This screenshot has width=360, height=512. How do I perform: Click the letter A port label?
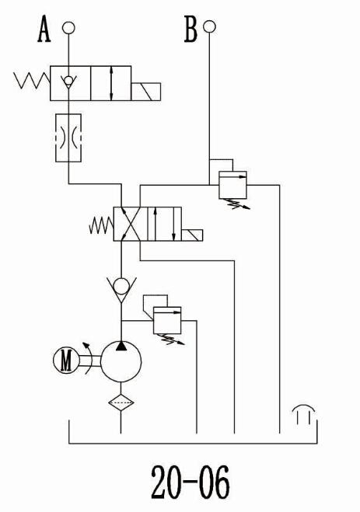(x=44, y=30)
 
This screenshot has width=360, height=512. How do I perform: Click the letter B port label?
(x=190, y=30)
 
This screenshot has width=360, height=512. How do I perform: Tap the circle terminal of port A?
(x=68, y=28)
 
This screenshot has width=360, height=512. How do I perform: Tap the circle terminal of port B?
(x=209, y=26)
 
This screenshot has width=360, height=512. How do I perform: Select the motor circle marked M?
(x=66, y=360)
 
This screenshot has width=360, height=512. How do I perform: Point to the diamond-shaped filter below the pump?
(x=121, y=402)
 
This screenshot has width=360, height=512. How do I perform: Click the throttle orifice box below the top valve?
(x=68, y=138)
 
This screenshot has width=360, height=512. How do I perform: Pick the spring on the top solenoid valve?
(x=32, y=81)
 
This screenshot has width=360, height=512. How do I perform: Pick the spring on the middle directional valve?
(x=101, y=225)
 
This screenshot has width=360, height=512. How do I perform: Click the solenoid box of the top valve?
(x=145, y=92)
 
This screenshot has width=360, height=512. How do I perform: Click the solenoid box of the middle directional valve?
(x=192, y=235)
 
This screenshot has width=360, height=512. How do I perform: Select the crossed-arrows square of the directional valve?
(x=127, y=224)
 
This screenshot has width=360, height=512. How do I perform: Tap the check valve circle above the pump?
(x=121, y=287)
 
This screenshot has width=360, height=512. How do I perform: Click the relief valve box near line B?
(x=232, y=185)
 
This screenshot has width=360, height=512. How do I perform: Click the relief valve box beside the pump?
(x=167, y=320)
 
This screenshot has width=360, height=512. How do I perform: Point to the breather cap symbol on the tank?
(x=305, y=414)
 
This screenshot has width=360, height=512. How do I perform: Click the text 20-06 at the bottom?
(x=190, y=482)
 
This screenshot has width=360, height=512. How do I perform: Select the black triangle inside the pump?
(x=121, y=346)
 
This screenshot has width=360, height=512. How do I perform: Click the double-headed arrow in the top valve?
(x=112, y=83)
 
